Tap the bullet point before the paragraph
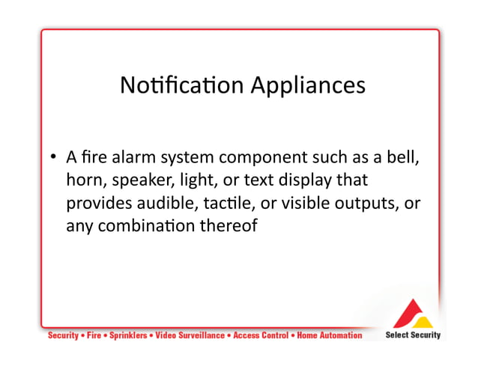(x=54, y=158)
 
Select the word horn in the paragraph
(x=84, y=180)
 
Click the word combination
(x=147, y=225)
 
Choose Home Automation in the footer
(x=330, y=335)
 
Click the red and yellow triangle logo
(x=412, y=313)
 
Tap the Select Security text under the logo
(x=413, y=335)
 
